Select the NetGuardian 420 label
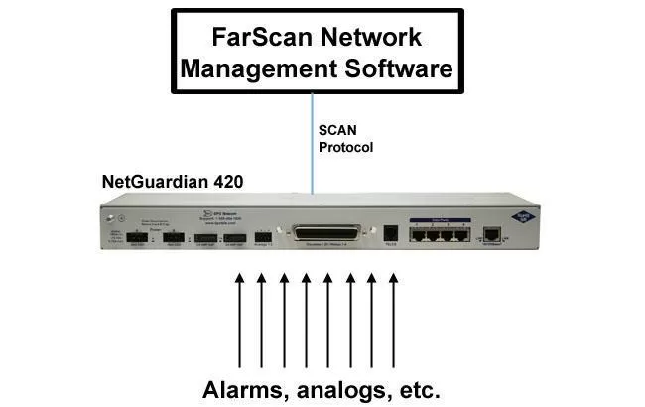coord(173,182)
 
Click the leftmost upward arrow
coord(238,318)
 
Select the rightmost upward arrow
coord(393,318)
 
